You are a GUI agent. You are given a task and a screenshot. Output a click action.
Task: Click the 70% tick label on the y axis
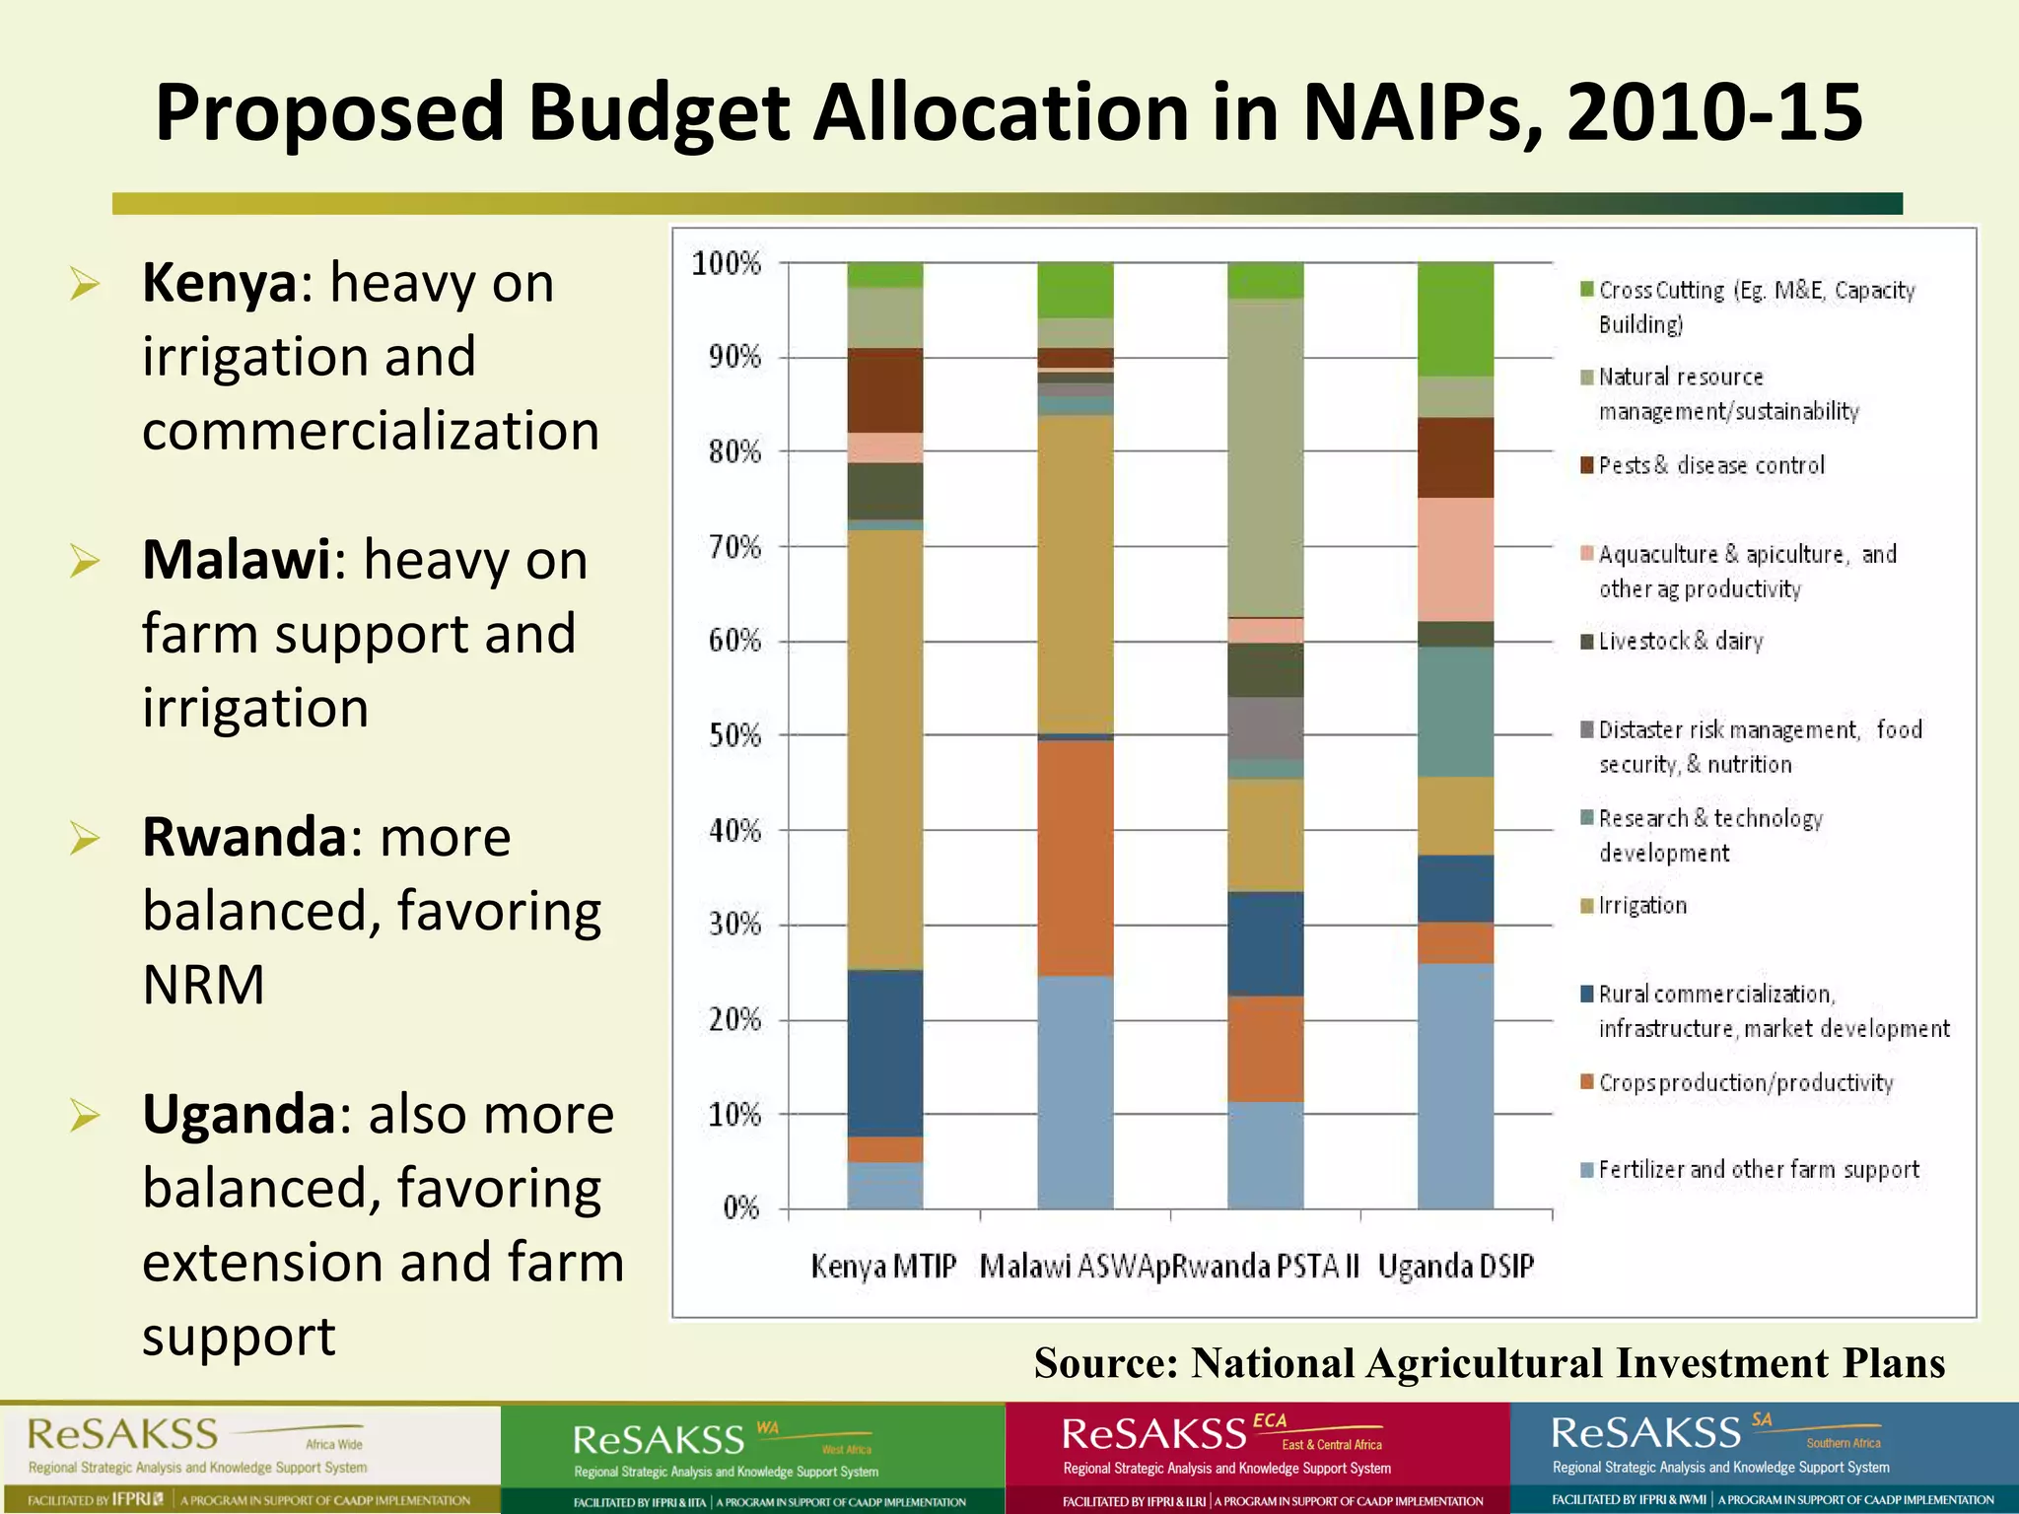click(x=734, y=547)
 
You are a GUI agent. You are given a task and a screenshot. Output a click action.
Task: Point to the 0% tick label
click(x=740, y=1208)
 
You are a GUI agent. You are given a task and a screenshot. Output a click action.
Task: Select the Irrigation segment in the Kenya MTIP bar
click(x=884, y=749)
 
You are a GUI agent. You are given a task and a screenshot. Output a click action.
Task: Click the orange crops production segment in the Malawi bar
click(x=1075, y=858)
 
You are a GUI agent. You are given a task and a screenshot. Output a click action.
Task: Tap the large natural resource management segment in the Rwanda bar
click(x=1265, y=458)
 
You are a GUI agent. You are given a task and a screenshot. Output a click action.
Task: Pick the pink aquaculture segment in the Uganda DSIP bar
click(x=1455, y=559)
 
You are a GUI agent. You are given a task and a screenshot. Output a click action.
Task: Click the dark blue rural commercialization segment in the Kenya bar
click(x=884, y=1053)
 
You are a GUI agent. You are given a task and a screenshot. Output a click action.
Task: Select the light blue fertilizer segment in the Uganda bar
click(x=1455, y=1084)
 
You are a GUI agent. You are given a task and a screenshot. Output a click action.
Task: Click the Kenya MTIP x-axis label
click(x=883, y=1267)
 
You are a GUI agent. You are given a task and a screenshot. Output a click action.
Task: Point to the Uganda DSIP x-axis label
click(x=1455, y=1267)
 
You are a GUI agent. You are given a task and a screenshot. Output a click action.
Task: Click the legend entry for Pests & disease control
click(x=1710, y=465)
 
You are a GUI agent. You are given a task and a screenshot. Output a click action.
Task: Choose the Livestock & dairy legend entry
click(x=1680, y=642)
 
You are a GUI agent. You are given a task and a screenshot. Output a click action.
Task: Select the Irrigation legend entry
click(x=1641, y=906)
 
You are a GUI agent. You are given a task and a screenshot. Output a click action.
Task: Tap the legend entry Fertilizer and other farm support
click(x=1758, y=1170)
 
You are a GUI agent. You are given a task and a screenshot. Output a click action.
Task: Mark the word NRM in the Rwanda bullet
click(x=203, y=985)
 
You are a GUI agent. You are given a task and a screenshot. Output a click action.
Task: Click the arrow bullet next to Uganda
click(x=85, y=1116)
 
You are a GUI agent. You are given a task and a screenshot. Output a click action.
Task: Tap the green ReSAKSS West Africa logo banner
click(x=752, y=1457)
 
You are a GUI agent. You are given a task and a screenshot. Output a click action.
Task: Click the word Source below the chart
click(x=1104, y=1363)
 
